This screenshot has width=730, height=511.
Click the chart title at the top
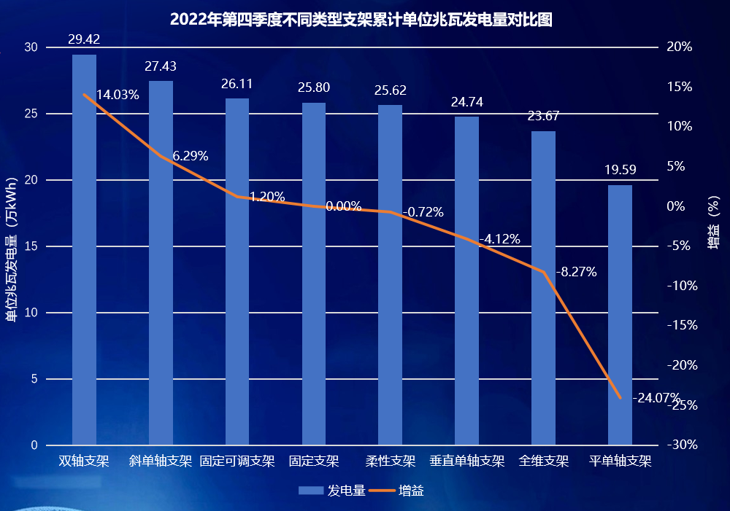coord(361,19)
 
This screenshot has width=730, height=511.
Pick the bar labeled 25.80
coord(314,273)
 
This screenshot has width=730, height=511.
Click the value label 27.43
coord(161,66)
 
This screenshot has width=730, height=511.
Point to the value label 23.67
coord(543,116)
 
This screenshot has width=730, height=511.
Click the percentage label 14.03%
coord(118,95)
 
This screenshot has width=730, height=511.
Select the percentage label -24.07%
coord(656,398)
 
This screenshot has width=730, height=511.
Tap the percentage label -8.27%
coord(576,273)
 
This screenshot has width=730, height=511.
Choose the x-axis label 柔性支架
coord(391,461)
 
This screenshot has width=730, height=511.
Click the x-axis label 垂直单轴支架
coord(467,461)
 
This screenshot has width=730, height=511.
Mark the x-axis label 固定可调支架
coord(237,461)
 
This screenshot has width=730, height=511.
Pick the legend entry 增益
coord(400,491)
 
